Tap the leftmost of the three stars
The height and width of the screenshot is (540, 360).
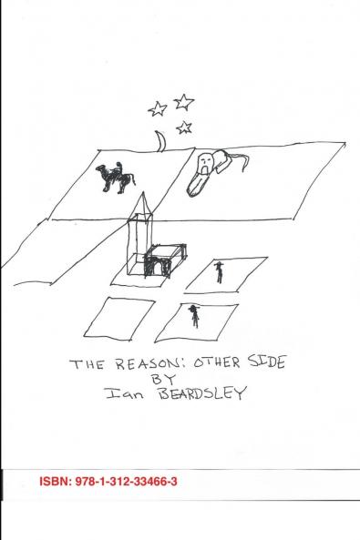pyautogui.click(x=158, y=109)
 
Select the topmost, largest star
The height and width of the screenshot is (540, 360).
pyautogui.click(x=183, y=101)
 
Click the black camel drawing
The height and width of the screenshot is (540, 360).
pyautogui.click(x=117, y=177)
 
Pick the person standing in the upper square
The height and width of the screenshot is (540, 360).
pyautogui.click(x=219, y=270)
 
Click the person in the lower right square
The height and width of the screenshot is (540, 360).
pyautogui.click(x=193, y=315)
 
